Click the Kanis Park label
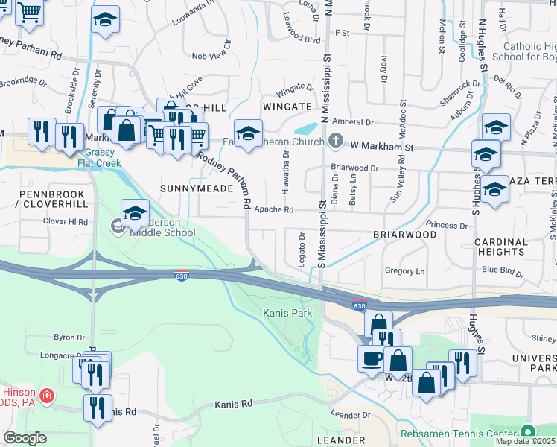click(x=287, y=313)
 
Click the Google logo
click(x=25, y=438)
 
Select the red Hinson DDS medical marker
click(x=48, y=395)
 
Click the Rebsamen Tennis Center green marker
click(x=528, y=431)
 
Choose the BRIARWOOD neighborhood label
click(x=404, y=234)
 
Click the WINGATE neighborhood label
click(x=282, y=107)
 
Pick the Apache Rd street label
click(x=278, y=210)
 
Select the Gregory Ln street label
click(x=404, y=271)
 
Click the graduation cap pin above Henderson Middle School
click(x=135, y=214)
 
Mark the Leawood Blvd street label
click(x=300, y=40)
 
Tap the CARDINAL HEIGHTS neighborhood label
click(x=501, y=247)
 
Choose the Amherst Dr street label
click(x=352, y=121)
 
